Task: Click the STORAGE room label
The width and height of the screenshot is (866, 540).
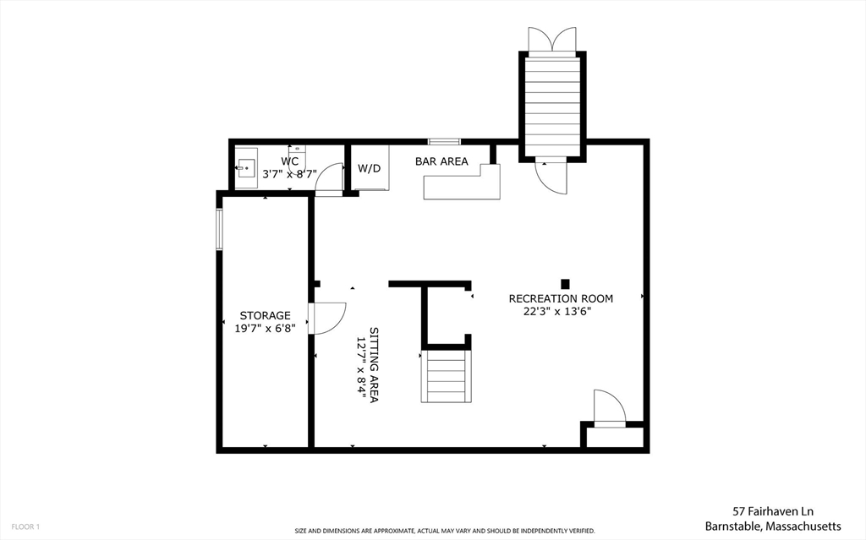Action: tap(265, 315)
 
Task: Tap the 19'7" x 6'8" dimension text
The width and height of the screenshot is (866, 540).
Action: tap(265, 329)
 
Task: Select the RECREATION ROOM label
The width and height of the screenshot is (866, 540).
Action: tap(561, 298)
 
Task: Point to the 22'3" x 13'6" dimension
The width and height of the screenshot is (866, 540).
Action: tap(557, 312)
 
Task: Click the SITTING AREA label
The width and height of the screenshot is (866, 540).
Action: tap(374, 365)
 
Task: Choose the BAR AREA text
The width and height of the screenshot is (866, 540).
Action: tap(441, 161)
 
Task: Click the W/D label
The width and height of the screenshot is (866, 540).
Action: tap(369, 168)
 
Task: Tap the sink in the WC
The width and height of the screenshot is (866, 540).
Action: tap(246, 167)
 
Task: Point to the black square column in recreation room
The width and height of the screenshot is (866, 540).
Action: tap(565, 284)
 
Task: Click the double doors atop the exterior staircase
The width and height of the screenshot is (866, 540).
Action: tap(552, 39)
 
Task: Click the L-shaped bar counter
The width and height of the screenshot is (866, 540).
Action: tap(462, 183)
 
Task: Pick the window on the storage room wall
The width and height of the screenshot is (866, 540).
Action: tap(219, 229)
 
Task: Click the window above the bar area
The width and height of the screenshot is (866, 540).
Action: tap(444, 142)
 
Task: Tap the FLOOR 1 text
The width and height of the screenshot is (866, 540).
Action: tap(25, 526)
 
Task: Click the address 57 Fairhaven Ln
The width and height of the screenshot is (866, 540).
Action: tap(773, 511)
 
